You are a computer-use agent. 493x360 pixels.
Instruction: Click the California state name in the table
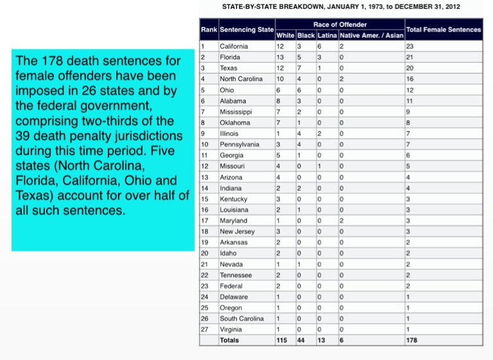(x=233, y=46)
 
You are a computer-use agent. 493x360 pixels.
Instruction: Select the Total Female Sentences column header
(x=444, y=30)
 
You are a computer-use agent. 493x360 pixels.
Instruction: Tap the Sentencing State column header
(x=246, y=30)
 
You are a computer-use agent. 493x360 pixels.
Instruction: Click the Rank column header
(x=209, y=30)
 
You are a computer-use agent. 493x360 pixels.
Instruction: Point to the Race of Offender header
(x=340, y=24)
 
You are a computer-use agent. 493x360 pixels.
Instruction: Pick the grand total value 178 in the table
(x=411, y=340)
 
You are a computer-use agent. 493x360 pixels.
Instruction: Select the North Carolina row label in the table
(x=241, y=79)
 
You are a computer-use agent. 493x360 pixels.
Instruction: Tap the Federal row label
(x=231, y=286)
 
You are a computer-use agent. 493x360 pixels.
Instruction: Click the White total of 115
(x=281, y=340)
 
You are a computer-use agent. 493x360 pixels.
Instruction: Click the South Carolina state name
(x=241, y=318)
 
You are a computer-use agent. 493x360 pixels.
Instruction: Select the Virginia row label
(x=230, y=329)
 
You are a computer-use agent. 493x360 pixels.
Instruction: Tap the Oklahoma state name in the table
(x=234, y=123)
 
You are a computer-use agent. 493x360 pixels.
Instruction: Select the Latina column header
(x=327, y=35)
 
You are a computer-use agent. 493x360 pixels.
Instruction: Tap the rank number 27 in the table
(x=204, y=329)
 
